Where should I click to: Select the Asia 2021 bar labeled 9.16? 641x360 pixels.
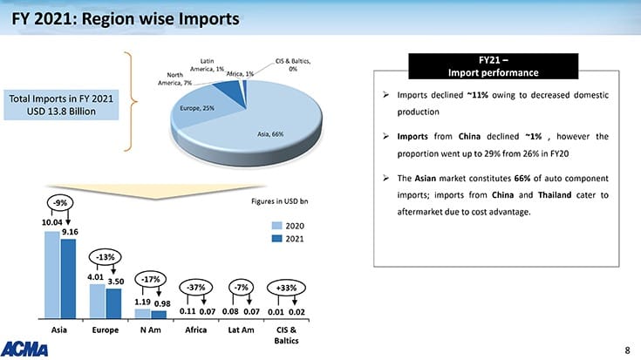pyautogui.click(x=68, y=278)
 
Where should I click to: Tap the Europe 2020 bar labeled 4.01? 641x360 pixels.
pyautogui.click(x=97, y=301)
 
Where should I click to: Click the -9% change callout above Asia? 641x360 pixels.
pyautogui.click(x=60, y=202)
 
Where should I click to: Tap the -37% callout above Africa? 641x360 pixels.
pyautogui.click(x=196, y=287)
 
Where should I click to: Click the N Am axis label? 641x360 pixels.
pyautogui.click(x=149, y=331)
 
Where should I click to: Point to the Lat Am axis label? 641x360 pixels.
pyautogui.click(x=240, y=331)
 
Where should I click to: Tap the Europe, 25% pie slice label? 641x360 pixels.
pyautogui.click(x=196, y=109)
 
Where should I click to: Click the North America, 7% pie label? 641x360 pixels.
pyautogui.click(x=175, y=78)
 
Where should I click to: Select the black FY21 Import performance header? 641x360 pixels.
pyautogui.click(x=493, y=65)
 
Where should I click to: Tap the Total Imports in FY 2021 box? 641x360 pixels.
pyautogui.click(x=61, y=105)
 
